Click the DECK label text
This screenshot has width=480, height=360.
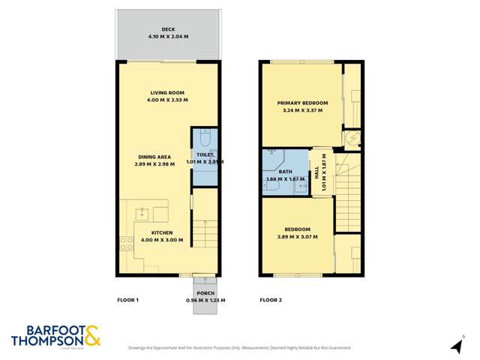[168, 29]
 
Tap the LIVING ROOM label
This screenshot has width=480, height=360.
[168, 92]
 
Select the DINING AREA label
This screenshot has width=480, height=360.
[154, 157]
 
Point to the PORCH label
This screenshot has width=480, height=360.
[205, 293]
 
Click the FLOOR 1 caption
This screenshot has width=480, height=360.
[128, 300]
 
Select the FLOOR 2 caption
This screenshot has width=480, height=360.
[271, 300]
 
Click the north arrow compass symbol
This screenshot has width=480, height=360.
[455, 346]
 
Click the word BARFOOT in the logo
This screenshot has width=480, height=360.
[46, 329]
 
